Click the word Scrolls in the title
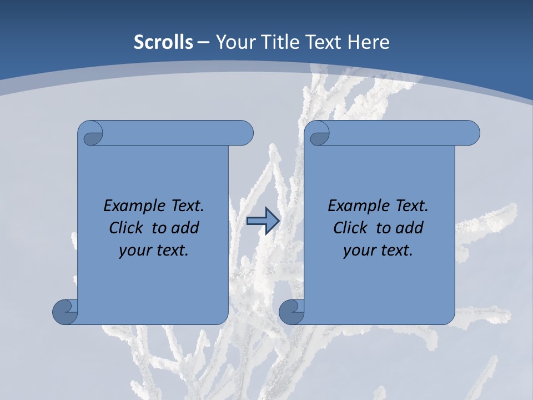click(164, 42)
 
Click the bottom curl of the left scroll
click(65, 312)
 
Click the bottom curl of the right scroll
click(291, 312)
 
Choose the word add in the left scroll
click(186, 228)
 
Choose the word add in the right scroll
click(410, 228)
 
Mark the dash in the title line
click(203, 42)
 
